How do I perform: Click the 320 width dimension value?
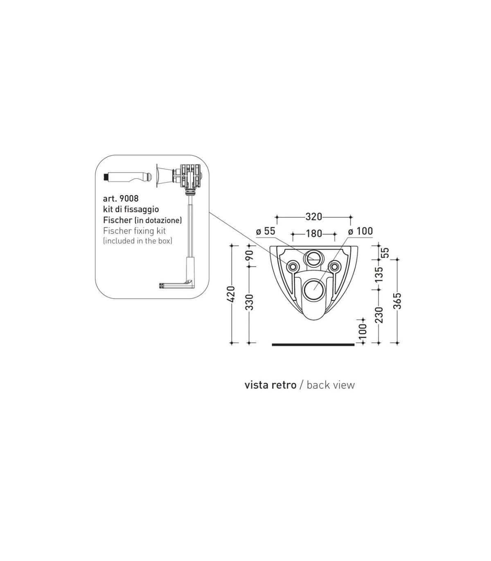tap(313, 217)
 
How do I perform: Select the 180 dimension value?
tap(314, 233)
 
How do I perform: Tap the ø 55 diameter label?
tap(265, 231)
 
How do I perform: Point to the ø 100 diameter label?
tap(360, 231)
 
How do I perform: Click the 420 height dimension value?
tap(232, 294)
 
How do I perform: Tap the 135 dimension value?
tap(378, 274)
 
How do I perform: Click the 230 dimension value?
tap(378, 315)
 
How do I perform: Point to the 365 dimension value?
tap(397, 301)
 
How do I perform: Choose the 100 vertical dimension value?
tap(363, 332)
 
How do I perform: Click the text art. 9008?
tap(121, 198)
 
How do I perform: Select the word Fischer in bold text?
tap(117, 220)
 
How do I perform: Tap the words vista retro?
tap(270, 385)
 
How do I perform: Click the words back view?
tap(331, 385)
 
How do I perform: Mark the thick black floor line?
tap(313, 345)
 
